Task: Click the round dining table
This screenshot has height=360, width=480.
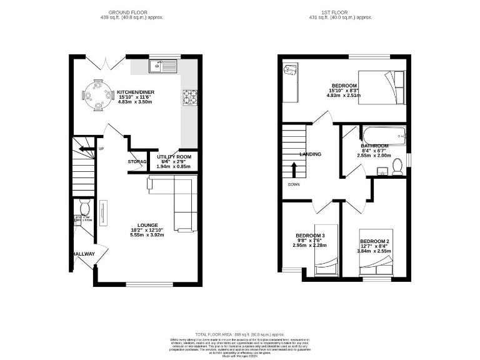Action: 96,96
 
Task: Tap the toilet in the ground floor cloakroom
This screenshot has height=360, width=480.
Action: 85,207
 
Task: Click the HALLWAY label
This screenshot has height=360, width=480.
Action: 82,254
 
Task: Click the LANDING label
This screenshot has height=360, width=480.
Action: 310,154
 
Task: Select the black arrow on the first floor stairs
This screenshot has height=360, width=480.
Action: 293,169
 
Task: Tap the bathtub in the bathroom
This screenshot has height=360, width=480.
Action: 382,134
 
